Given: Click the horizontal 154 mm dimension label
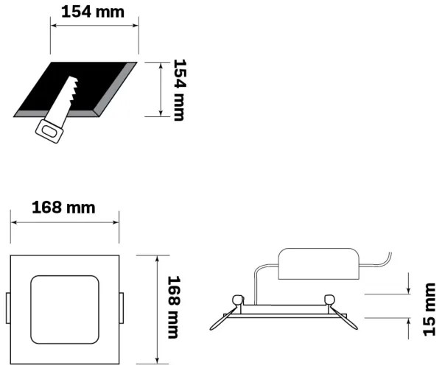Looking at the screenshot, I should tap(93, 12).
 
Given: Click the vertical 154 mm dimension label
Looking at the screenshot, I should tap(178, 90).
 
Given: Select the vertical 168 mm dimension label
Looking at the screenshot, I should tap(175, 308).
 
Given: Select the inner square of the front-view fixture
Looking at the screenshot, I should tap(63, 308).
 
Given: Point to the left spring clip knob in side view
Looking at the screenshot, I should tap(237, 300).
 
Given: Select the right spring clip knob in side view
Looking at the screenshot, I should tap(329, 299).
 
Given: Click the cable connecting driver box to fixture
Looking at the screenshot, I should tap(255, 283).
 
